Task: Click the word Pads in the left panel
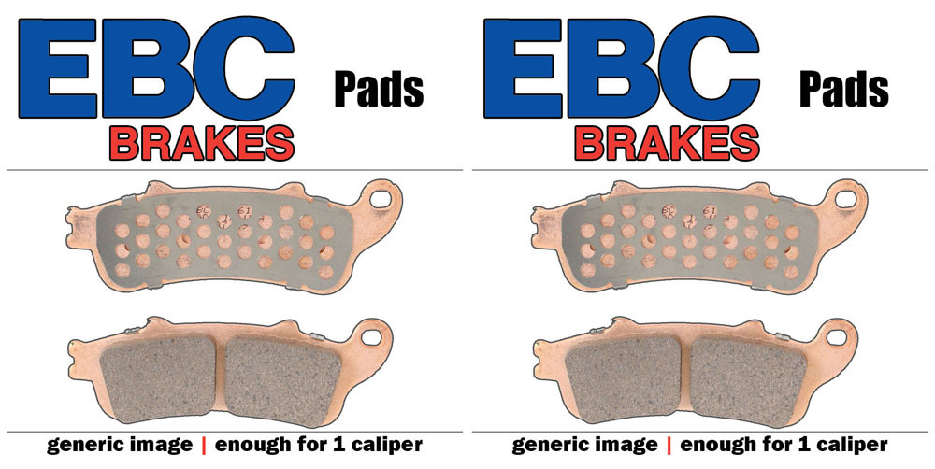[379, 90]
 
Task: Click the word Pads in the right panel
[843, 90]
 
